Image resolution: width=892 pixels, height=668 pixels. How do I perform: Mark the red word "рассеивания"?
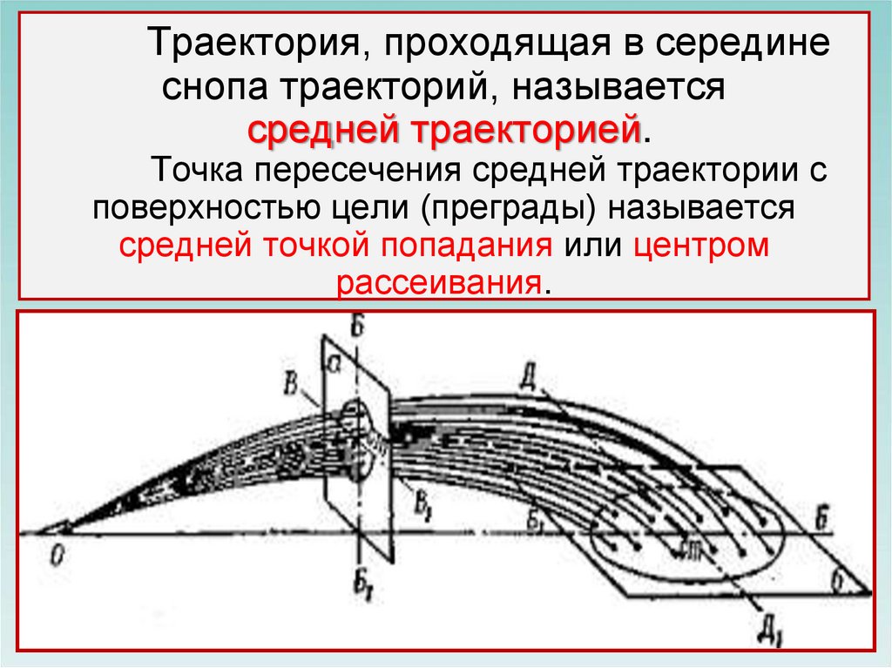pos(440,284)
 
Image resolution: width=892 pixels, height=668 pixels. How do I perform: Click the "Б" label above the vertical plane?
pos(355,325)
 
